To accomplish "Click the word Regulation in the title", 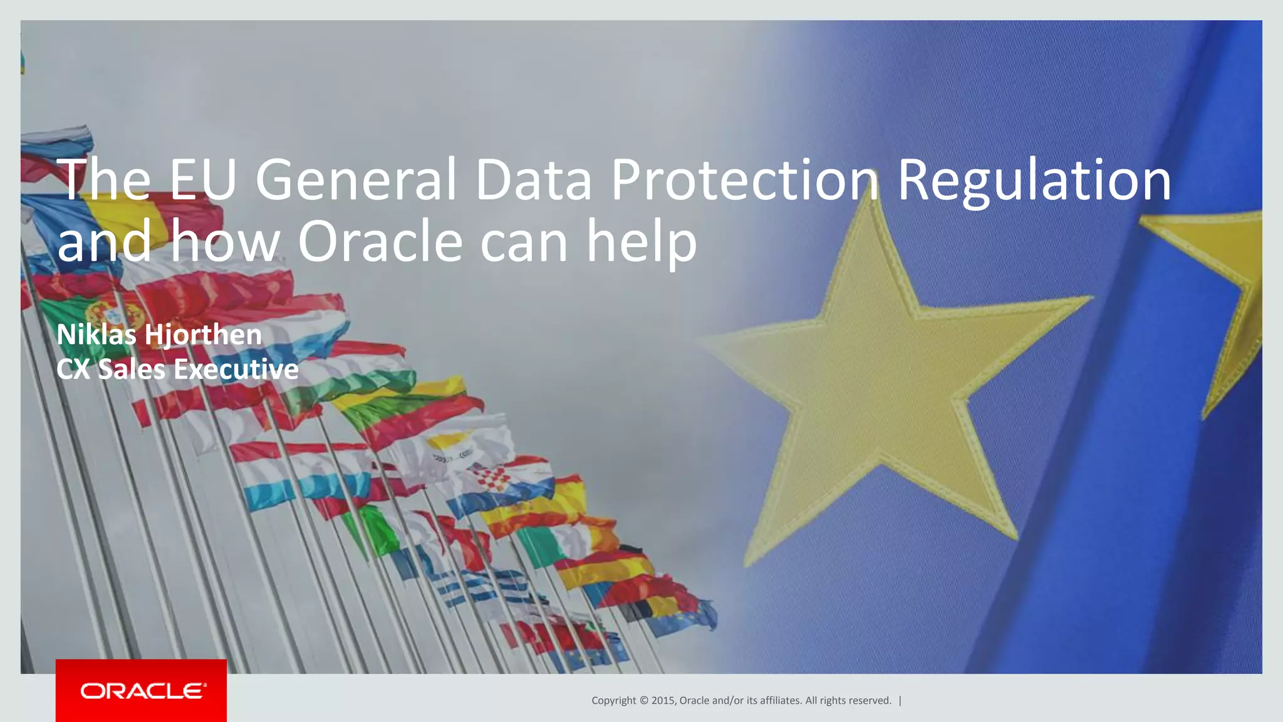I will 1034,180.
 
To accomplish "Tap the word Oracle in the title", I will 380,242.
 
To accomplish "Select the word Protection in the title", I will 745,180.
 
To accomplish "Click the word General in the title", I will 356,180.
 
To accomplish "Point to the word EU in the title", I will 202,180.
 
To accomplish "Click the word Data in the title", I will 533,180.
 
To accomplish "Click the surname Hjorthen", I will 203,335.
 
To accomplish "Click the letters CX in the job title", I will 73,369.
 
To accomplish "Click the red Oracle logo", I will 142,691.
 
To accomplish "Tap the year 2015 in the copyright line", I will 663,701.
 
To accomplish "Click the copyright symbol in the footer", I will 644,701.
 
